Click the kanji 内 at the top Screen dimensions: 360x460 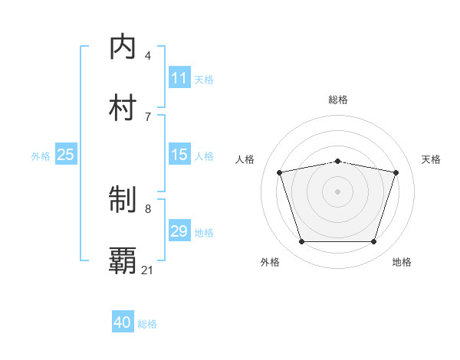pyautogui.click(x=123, y=47)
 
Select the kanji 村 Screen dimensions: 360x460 pyautogui.click(x=123, y=107)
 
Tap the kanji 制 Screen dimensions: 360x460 pyautogui.click(x=123, y=201)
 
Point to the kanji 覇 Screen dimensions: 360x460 pyautogui.click(x=123, y=261)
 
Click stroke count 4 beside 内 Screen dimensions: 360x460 pyautogui.click(x=148, y=56)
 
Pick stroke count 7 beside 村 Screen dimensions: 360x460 pyautogui.click(x=148, y=116)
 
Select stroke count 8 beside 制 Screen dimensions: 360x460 pyautogui.click(x=148, y=208)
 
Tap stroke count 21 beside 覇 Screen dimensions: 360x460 pyautogui.click(x=148, y=270)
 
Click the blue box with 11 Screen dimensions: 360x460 pyautogui.click(x=179, y=78)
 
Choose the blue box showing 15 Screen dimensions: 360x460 pyautogui.click(x=179, y=155)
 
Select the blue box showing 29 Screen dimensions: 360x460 pyautogui.click(x=179, y=231)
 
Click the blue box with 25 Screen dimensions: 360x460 pyautogui.click(x=66, y=155)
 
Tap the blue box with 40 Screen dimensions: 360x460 pyautogui.click(x=123, y=322)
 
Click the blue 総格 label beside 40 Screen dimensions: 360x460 pyautogui.click(x=147, y=324)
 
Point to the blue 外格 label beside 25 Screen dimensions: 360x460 pyautogui.click(x=41, y=156)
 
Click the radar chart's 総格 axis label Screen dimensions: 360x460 pyautogui.click(x=337, y=100)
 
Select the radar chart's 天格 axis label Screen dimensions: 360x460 pyautogui.click(x=431, y=159)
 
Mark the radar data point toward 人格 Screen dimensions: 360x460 pyautogui.click(x=280, y=172)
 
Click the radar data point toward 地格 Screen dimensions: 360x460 pyautogui.click(x=373, y=242)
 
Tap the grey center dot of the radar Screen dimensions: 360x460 pyautogui.click(x=337, y=191)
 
